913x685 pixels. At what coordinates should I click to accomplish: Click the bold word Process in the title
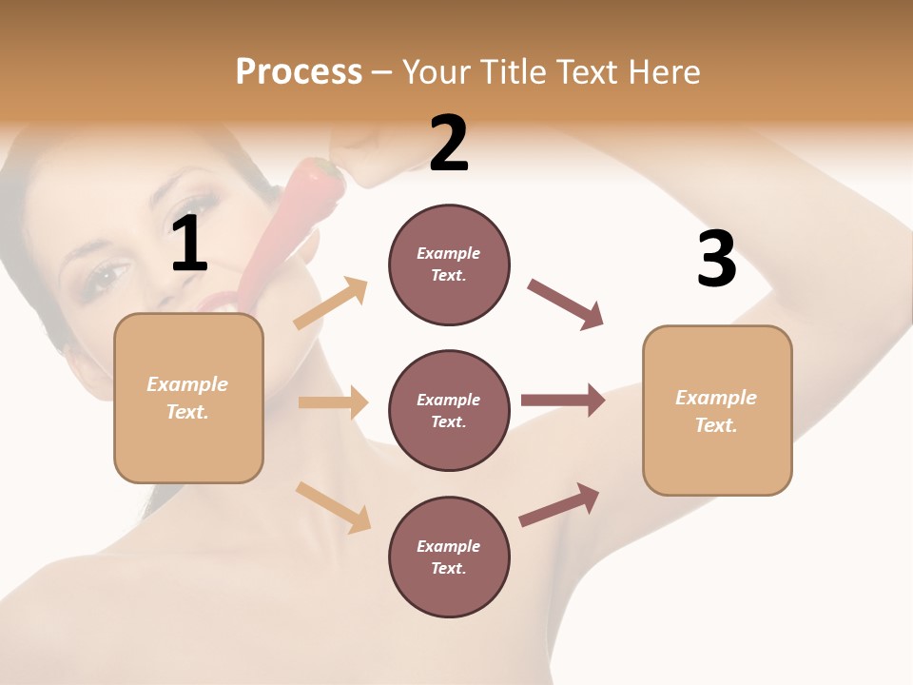click(x=299, y=71)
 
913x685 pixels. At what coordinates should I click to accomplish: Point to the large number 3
click(x=716, y=259)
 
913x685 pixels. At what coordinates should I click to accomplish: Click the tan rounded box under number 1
click(x=188, y=398)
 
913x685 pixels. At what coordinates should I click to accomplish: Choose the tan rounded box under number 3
click(x=717, y=410)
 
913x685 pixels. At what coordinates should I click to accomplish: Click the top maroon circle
click(x=449, y=264)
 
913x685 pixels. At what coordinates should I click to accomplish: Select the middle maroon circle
click(x=449, y=410)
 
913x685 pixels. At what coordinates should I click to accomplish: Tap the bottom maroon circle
click(x=449, y=557)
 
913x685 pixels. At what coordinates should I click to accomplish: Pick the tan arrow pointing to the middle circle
click(x=333, y=402)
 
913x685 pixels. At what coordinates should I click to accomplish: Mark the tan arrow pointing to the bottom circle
click(x=333, y=506)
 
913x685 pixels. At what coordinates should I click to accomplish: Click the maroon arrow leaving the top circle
click(x=566, y=304)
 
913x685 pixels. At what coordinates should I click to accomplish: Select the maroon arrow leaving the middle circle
click(x=563, y=400)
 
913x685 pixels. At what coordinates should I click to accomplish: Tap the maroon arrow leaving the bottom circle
click(x=559, y=504)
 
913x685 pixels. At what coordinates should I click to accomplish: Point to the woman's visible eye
click(x=107, y=276)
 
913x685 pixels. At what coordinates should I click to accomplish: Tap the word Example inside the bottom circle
click(x=449, y=546)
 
